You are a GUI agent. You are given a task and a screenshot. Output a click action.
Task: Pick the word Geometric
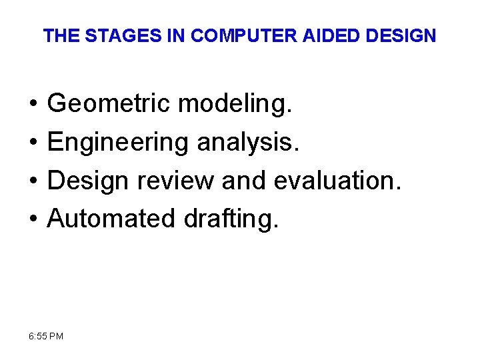point(108,104)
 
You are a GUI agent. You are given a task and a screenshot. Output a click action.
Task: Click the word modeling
point(235,104)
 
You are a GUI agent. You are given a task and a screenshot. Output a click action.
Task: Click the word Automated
point(107,218)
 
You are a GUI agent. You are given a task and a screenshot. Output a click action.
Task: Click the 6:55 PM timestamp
point(46,336)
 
